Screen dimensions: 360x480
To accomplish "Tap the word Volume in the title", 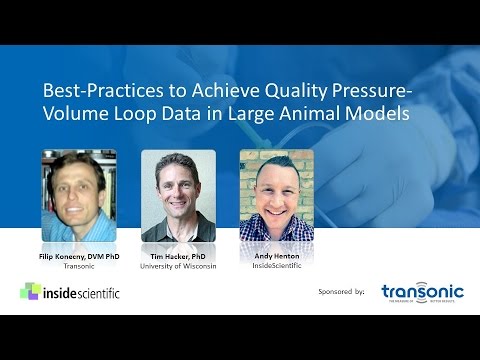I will tap(77, 114).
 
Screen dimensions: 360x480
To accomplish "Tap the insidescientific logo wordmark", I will tap(86, 292).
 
